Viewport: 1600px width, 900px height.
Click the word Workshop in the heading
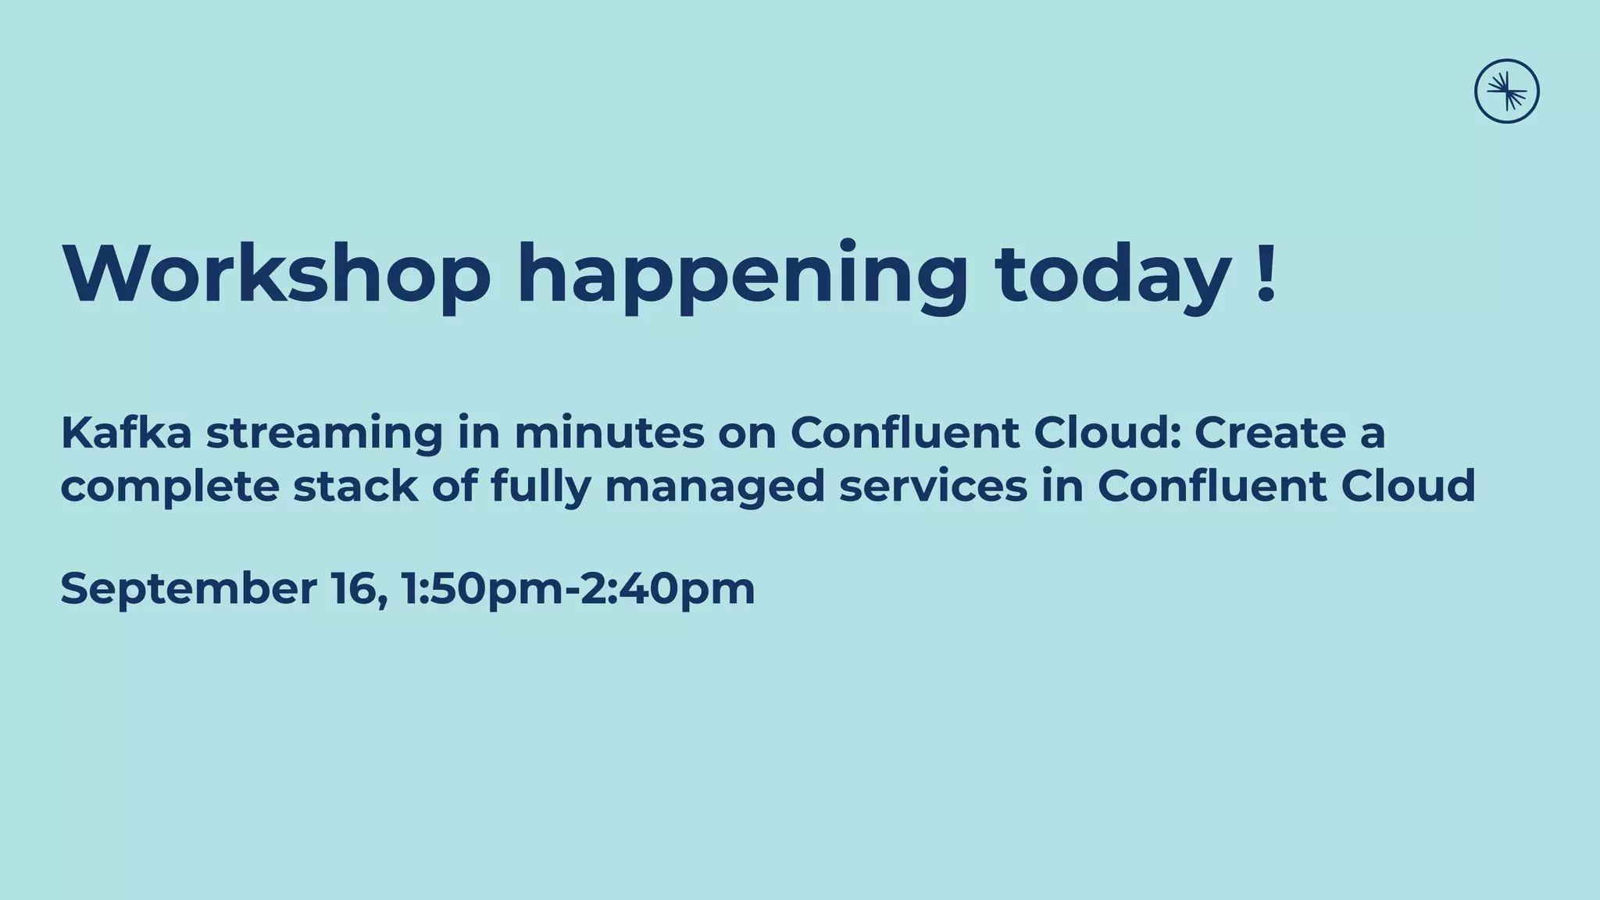pyautogui.click(x=277, y=273)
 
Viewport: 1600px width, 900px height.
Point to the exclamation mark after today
pyautogui.click(x=1267, y=273)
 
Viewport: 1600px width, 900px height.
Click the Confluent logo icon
pyautogui.click(x=1506, y=91)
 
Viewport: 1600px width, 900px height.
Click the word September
pyautogui.click(x=188, y=590)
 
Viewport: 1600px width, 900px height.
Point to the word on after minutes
pyautogui.click(x=747, y=434)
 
